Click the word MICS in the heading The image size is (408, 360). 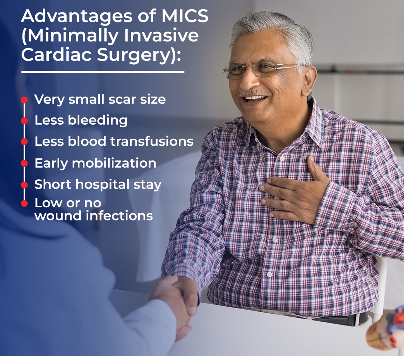pyautogui.click(x=185, y=16)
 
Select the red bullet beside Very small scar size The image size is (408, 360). pyautogui.click(x=24, y=100)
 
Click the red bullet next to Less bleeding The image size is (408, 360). pyautogui.click(x=24, y=121)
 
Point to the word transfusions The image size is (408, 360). pyautogui.click(x=152, y=141)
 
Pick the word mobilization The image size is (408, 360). pyautogui.click(x=114, y=163)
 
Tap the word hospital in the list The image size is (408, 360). pyautogui.click(x=103, y=185)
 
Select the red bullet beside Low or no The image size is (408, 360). pyautogui.click(x=24, y=203)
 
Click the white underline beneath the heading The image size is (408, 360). pyautogui.click(x=103, y=72)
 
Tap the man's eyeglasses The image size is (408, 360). pyautogui.click(x=263, y=69)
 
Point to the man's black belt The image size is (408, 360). pyautogui.click(x=341, y=319)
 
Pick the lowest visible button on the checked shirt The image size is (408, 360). pyautogui.click(x=269, y=274)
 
